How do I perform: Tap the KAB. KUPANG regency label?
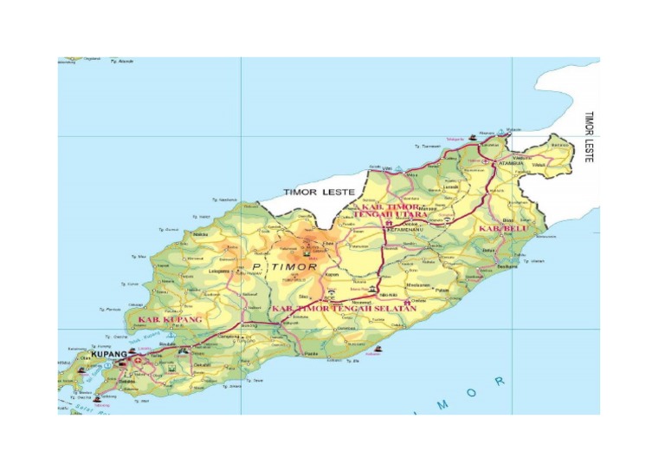[170, 319]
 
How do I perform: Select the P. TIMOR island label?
[285, 266]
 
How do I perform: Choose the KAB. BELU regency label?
[502, 228]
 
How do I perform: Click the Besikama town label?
[506, 267]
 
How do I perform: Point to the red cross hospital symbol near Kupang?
[137, 357]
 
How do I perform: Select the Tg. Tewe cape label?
[254, 380]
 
